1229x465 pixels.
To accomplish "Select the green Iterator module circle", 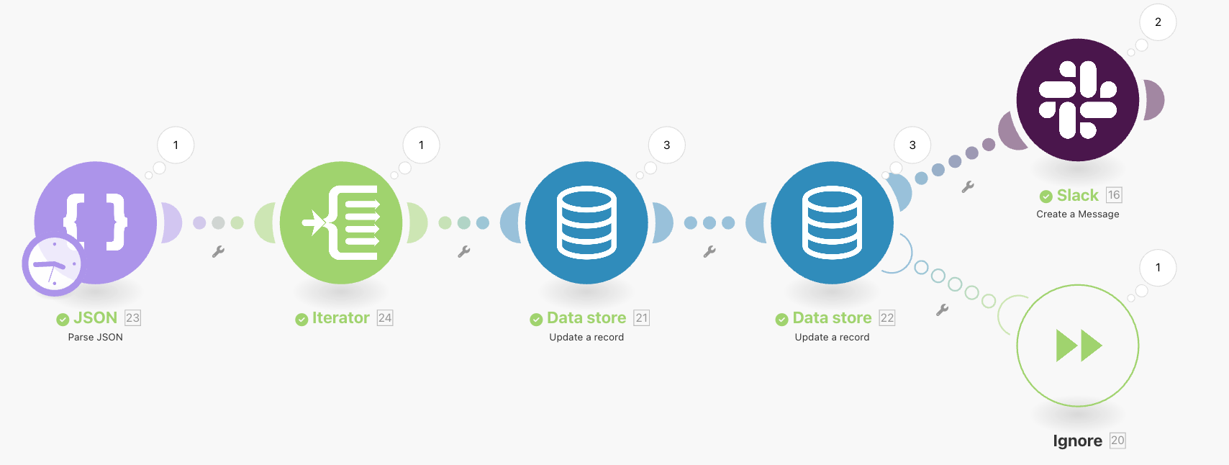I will point(341,222).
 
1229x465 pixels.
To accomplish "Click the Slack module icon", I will point(1077,99).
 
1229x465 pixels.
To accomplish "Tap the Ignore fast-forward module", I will point(1077,346).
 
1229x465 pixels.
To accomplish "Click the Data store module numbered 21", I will point(586,222).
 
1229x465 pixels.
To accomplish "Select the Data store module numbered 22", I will point(832,222).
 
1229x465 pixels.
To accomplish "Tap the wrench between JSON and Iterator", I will point(218,251).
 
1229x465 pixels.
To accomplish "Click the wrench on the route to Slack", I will point(968,186).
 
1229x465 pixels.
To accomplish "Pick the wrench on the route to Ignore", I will point(942,310).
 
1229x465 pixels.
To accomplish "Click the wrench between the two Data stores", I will point(709,251).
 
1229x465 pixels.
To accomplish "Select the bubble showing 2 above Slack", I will point(1158,22).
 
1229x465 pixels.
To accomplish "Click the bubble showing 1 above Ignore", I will point(1158,268).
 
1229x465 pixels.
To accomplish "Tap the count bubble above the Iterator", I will point(421,145).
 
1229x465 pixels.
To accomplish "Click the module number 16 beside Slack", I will point(1114,195).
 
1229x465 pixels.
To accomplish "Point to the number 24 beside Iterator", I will point(385,318).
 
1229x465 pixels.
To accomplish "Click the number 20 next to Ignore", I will point(1117,441).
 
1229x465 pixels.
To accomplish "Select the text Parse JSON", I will point(95,337).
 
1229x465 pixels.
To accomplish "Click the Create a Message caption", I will point(1077,214).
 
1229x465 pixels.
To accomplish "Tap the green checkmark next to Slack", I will point(1046,197).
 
